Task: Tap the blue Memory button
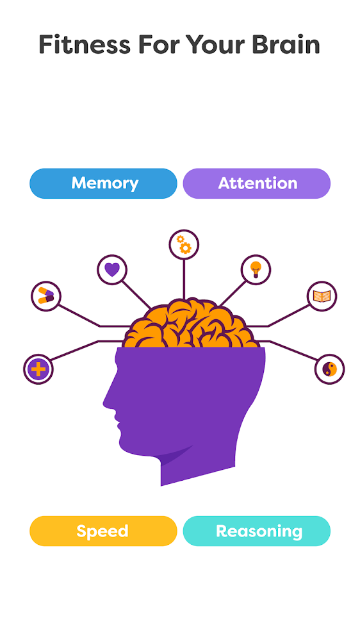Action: click(x=103, y=183)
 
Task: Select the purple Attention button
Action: click(x=257, y=183)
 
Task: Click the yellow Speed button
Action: click(x=103, y=531)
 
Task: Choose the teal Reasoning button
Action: click(x=257, y=531)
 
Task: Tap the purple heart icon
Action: click(x=112, y=270)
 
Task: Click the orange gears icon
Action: click(x=184, y=244)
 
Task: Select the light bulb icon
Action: click(x=256, y=270)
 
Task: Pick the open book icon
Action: click(x=322, y=296)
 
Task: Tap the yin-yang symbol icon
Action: click(x=329, y=370)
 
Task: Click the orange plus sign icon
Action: click(x=38, y=370)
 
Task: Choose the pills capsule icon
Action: click(x=45, y=296)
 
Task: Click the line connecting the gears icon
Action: click(x=184, y=279)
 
